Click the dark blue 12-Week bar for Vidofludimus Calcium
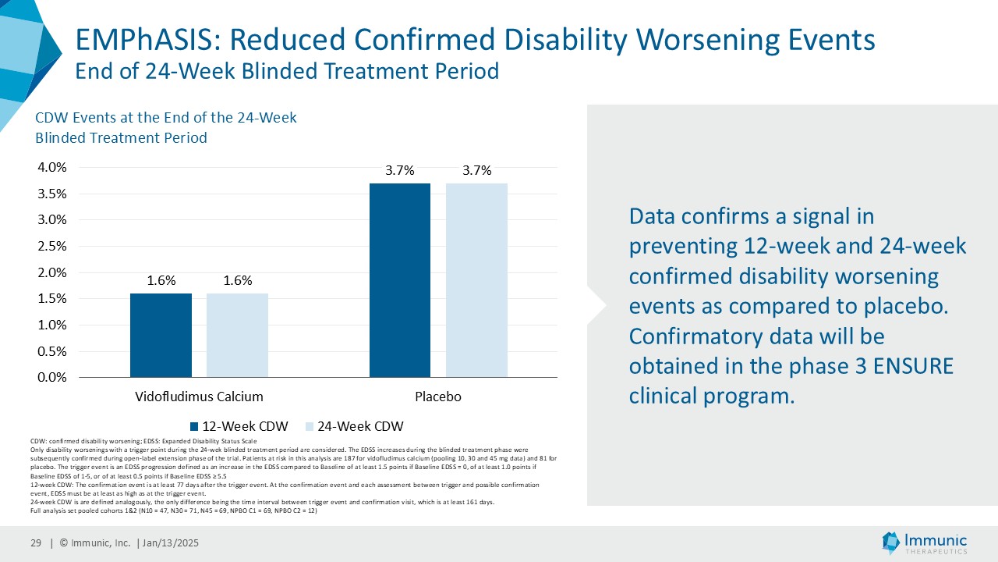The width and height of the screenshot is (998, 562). (x=161, y=335)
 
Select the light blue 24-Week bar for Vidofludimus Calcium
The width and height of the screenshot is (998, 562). (x=237, y=335)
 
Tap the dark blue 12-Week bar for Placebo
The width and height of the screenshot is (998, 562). (x=399, y=280)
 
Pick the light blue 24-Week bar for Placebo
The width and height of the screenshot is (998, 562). (x=476, y=280)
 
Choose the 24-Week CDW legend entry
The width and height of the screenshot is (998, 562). (x=359, y=426)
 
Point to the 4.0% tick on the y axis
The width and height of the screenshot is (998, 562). (x=52, y=167)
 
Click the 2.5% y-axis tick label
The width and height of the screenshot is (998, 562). (x=52, y=246)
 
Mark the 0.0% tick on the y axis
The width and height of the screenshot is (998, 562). (x=52, y=378)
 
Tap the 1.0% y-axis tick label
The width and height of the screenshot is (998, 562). (x=52, y=325)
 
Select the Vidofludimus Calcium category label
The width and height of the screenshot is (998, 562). (x=199, y=397)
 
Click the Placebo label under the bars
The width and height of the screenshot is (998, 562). (x=437, y=397)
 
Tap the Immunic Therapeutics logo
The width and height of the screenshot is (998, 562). (x=924, y=543)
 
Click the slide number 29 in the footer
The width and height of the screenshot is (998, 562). (x=36, y=543)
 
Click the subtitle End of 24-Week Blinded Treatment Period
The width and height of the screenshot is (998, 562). (x=286, y=72)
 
